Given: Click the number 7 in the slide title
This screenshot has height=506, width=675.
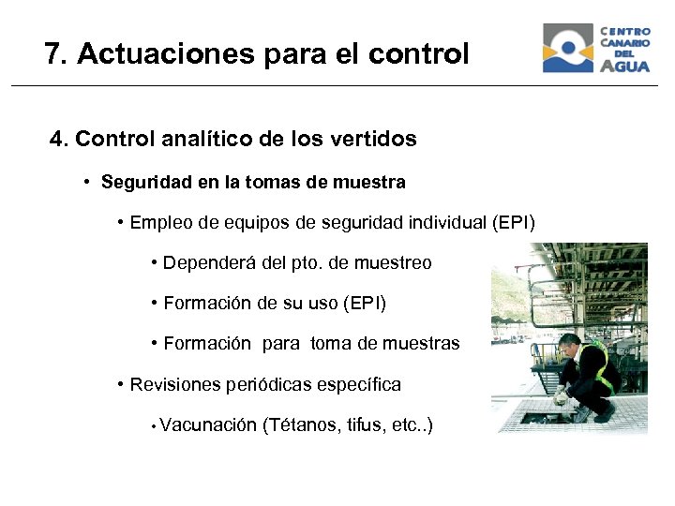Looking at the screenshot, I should click(52, 54).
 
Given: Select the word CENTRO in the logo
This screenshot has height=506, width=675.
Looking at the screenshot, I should click(624, 32).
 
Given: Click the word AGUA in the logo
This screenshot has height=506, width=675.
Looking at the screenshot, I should click(624, 66).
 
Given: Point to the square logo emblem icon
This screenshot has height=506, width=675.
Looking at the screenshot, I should click(567, 49).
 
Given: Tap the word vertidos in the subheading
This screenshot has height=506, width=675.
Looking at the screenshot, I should click(373, 140).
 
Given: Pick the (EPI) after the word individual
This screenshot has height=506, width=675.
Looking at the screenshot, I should click(513, 223).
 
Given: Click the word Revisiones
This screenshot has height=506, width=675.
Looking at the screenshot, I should click(174, 384).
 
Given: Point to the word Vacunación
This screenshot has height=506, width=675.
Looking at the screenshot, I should click(208, 425).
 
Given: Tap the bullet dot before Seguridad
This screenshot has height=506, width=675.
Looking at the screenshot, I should click(86, 182).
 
